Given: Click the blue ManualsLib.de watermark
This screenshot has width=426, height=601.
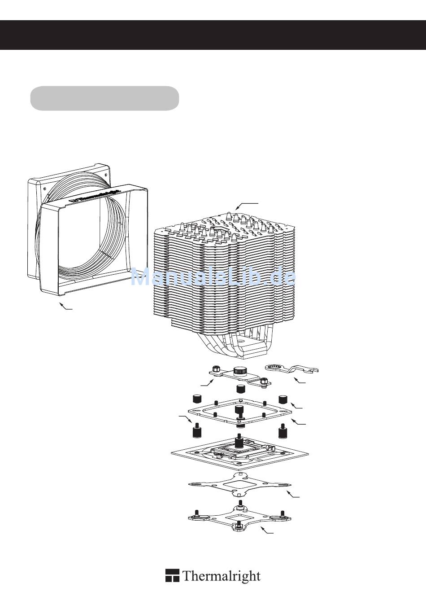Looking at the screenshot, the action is click(x=213, y=277).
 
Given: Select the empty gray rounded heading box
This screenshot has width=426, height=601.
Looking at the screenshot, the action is click(x=104, y=98).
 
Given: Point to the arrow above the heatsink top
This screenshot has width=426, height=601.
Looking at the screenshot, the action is click(x=247, y=206).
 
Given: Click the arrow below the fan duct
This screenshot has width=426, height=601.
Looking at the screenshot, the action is click(x=65, y=306).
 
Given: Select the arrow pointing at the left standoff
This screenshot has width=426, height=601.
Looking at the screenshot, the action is click(x=186, y=419).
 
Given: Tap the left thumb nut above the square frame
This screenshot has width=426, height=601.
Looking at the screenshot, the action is click(x=197, y=399).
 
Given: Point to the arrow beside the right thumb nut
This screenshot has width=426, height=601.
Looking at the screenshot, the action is click(x=296, y=405).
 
